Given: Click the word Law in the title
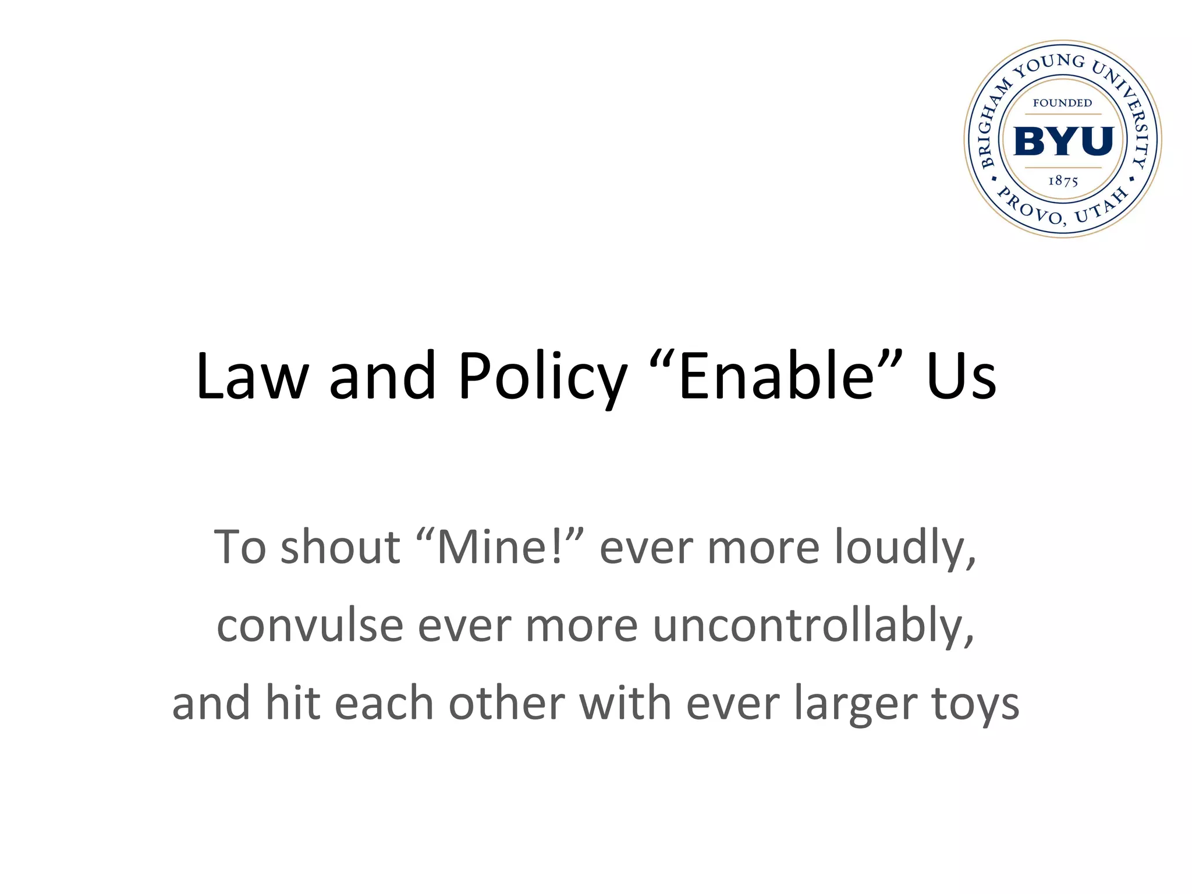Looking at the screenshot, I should (251, 376).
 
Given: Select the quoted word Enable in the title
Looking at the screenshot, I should (776, 376).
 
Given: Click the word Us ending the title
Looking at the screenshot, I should (961, 376).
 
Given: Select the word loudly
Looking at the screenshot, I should (905, 548).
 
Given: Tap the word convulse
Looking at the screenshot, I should (310, 626).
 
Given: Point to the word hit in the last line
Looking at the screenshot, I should (293, 703).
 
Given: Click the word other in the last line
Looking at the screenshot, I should (506, 703).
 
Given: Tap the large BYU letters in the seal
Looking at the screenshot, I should (1063, 141).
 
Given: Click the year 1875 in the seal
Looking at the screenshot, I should (1063, 181).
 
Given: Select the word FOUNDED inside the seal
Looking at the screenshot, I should (1062, 103).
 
